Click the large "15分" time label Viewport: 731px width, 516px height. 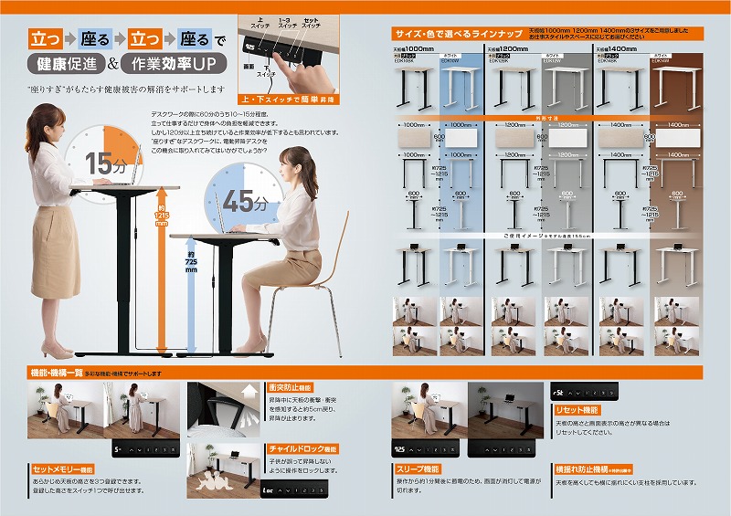(x=107, y=168)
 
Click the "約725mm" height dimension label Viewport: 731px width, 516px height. (x=191, y=259)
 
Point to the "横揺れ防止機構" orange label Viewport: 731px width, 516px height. (x=593, y=469)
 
